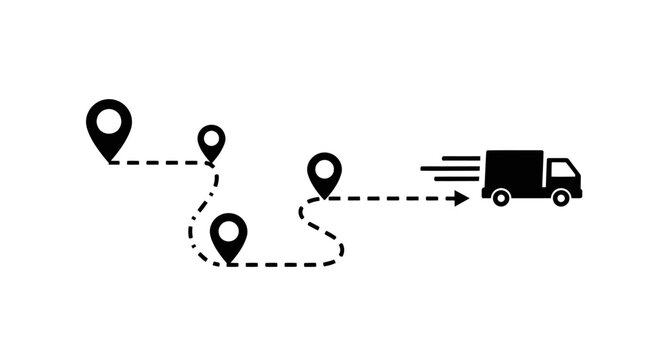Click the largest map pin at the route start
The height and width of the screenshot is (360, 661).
tap(109, 126)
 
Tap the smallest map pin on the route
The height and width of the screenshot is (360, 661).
tap(211, 141)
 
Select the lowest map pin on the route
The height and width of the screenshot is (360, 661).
tap(229, 236)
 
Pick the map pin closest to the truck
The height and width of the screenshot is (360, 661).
tap(324, 172)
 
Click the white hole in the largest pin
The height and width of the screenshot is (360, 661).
tap(109, 120)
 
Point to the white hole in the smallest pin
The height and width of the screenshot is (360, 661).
tap(211, 138)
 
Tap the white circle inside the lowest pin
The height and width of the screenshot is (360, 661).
tap(229, 231)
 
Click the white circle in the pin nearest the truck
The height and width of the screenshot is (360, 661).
tap(324, 168)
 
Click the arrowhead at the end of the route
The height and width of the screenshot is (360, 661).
tap(462, 198)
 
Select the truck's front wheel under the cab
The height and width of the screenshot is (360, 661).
tap(560, 197)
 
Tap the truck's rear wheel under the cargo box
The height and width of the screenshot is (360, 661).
tap(501, 197)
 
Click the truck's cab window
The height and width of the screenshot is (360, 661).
tap(562, 169)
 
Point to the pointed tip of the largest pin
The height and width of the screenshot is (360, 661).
tap(109, 160)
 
